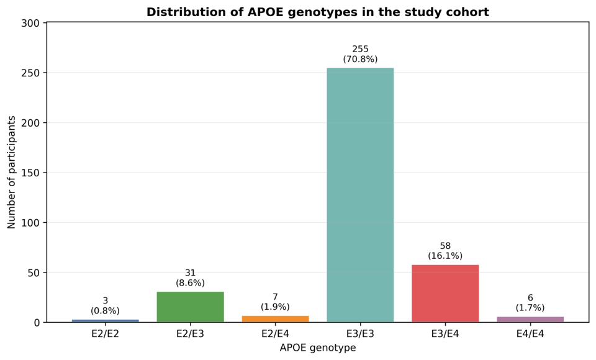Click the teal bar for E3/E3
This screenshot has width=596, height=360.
pyautogui.click(x=360, y=195)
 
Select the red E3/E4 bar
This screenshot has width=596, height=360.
pyautogui.click(x=445, y=294)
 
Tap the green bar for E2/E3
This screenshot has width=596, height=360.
pyautogui.click(x=190, y=307)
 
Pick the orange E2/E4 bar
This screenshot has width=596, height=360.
pyautogui.click(x=275, y=319)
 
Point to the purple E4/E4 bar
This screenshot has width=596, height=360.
pyautogui.click(x=530, y=319)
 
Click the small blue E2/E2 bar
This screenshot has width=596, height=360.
pyautogui.click(x=106, y=321)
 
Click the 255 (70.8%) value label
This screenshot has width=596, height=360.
pyautogui.click(x=360, y=54)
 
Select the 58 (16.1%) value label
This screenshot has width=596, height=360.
pyautogui.click(x=445, y=251)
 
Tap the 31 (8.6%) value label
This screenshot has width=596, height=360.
pyautogui.click(x=190, y=278)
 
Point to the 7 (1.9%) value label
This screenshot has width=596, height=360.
pyautogui.click(x=275, y=302)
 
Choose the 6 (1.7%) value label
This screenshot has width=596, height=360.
pyautogui.click(x=530, y=303)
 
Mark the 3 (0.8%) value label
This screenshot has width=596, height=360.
pyautogui.click(x=106, y=306)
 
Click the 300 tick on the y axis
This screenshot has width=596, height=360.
pyautogui.click(x=31, y=23)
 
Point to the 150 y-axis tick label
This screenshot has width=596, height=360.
pyautogui.click(x=31, y=173)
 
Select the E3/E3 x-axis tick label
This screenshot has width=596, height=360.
pyautogui.click(x=360, y=334)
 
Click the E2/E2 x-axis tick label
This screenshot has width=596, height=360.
pyautogui.click(x=106, y=334)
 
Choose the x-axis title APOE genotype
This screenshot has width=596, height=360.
pyautogui.click(x=318, y=348)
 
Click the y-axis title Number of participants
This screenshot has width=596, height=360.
pyautogui.click(x=11, y=172)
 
